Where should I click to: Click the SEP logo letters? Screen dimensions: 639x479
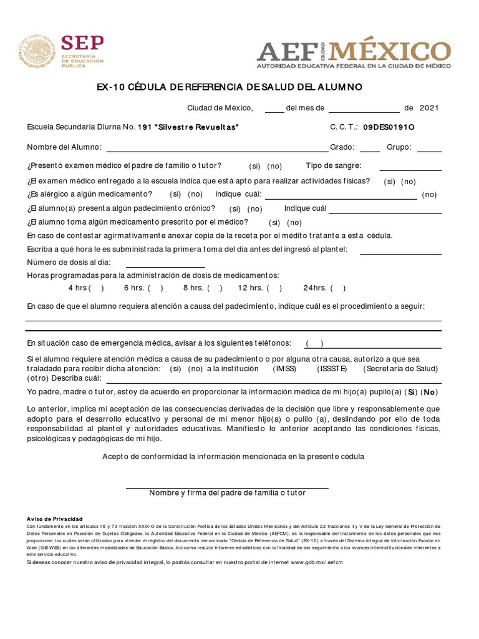[x=82, y=43]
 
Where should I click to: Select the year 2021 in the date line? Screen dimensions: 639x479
[x=429, y=107]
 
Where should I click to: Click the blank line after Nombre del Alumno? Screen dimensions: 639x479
[x=218, y=149]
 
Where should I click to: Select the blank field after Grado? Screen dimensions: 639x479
[x=370, y=149]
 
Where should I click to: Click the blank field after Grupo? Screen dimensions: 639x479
[x=429, y=149]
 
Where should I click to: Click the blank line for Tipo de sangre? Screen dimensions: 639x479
[x=410, y=167]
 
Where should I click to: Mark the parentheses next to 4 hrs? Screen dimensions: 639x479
[x=96, y=288]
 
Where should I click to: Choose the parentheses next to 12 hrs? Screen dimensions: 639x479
[x=274, y=288]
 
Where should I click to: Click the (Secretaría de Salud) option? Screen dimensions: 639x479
[x=401, y=368]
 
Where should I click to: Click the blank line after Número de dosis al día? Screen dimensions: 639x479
[x=165, y=264]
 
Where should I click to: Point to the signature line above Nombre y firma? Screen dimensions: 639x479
[x=227, y=485]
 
